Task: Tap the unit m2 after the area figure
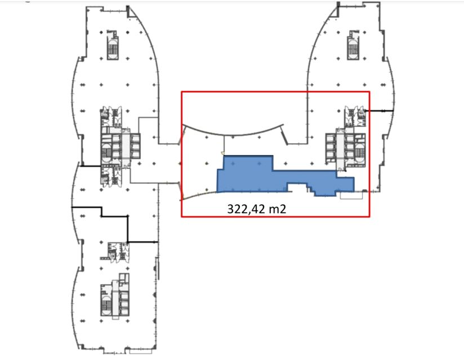pos(278,209)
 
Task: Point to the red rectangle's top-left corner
pos(182,92)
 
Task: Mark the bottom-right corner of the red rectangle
pos(369,217)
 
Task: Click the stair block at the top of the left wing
pos(113,45)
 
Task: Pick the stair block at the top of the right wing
pos(353,45)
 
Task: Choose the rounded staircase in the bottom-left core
pos(105,302)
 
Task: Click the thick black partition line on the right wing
pos(380,111)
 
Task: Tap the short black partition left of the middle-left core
pos(90,166)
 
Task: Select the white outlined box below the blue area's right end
pos(351,195)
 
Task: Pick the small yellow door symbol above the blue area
pos(222,153)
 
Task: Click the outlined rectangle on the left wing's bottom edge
pos(141,352)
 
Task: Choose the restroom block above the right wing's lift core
pos(355,116)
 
